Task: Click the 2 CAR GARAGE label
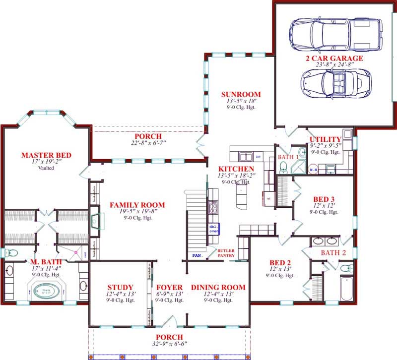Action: pos(334,58)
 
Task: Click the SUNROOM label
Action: pos(241,94)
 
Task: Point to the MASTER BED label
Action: pos(46,155)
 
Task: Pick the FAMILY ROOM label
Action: pos(137,205)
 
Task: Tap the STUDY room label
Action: pos(120,287)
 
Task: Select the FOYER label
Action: pos(169,287)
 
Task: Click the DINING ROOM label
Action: pos(218,287)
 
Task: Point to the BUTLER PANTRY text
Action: pos(226,253)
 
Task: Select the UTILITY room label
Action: pos(325,139)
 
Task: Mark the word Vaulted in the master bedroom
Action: pos(46,168)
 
